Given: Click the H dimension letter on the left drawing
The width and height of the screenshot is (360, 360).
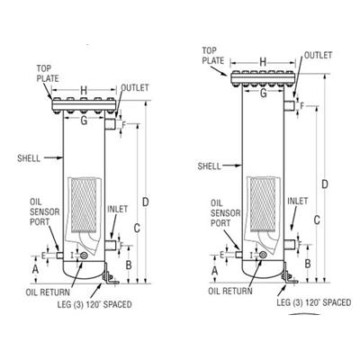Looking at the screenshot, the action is (x=84, y=90).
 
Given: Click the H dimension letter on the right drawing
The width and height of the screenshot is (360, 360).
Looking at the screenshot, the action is (x=263, y=62).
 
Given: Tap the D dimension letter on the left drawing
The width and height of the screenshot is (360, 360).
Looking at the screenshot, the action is (x=145, y=202).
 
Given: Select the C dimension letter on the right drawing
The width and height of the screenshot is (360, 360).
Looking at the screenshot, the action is (x=317, y=220).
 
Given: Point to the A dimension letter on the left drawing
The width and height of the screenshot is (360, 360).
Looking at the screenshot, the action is (x=35, y=269).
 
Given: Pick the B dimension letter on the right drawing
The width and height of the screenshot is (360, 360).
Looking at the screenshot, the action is (x=308, y=264).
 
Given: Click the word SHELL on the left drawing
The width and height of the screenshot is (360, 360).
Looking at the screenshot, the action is (x=29, y=158).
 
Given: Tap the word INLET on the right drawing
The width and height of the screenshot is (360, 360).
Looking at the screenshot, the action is (x=298, y=201).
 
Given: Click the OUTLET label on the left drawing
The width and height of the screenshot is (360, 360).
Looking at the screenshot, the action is (x=135, y=87).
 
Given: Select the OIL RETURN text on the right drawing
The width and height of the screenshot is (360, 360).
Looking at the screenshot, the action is (x=230, y=291).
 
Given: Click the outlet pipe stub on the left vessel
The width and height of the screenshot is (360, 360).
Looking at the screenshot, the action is (x=110, y=124).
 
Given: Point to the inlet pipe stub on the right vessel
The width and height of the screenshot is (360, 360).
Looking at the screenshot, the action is (x=289, y=245).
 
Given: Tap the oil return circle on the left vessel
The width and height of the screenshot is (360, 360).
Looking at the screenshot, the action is (x=84, y=256).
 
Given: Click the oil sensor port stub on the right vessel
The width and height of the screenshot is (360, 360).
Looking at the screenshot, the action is (x=238, y=255).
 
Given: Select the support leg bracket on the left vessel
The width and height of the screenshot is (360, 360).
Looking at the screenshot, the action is (x=110, y=274).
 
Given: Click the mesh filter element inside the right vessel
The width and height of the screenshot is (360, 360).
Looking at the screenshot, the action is (x=263, y=204).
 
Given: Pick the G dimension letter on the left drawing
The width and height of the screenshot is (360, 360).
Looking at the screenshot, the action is (x=84, y=121).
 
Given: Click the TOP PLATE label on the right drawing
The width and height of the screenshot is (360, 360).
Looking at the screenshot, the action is (x=213, y=56).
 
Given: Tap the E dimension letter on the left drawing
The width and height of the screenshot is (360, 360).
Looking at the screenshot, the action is (x=43, y=256).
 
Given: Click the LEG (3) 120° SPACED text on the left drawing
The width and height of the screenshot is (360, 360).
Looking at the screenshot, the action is (x=94, y=304).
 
